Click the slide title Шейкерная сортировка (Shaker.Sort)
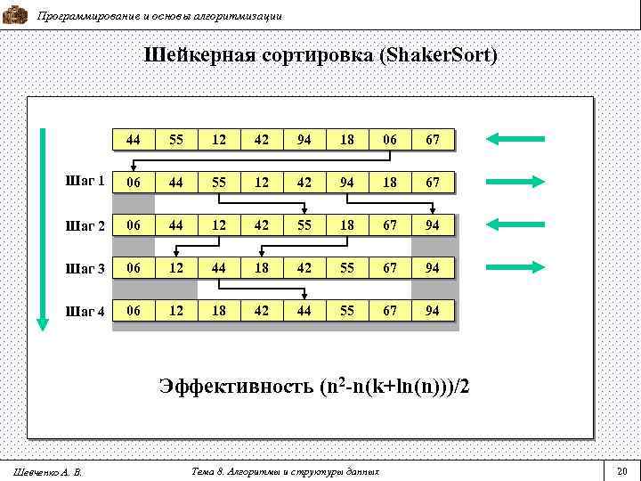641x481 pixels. [x=320, y=55]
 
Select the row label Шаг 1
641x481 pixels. [x=86, y=182]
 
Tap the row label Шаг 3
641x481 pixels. [x=86, y=267]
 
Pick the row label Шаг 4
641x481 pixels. [x=86, y=310]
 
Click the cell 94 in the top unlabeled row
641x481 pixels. [x=304, y=140]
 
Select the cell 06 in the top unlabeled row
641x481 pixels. [x=390, y=140]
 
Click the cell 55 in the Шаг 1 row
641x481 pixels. [x=219, y=183]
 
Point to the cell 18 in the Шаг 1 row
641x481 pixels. [x=390, y=183]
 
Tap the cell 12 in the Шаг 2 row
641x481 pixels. [x=219, y=225]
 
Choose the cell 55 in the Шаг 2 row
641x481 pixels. [x=304, y=225]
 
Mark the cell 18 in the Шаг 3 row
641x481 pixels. [x=262, y=268]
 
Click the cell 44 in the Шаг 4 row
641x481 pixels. [x=304, y=311]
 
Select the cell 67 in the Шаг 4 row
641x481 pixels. [x=390, y=311]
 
